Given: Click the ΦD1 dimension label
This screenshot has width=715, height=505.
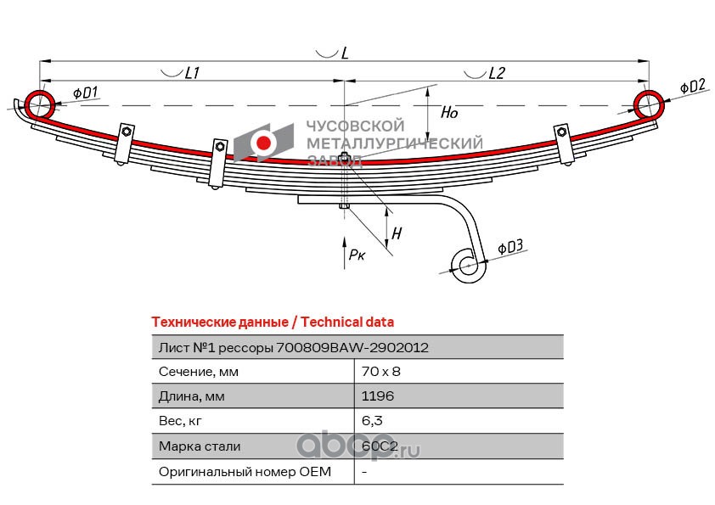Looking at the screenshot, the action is coord(85,93).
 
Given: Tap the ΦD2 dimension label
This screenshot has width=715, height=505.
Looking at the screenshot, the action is coord(693,86).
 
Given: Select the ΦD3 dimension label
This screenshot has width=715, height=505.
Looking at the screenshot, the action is coord(510,247).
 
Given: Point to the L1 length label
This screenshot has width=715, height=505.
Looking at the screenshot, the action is coord(192,72).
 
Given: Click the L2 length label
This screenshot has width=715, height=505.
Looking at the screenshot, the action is coord(497,72).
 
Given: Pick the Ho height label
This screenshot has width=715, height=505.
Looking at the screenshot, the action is coord(448,112).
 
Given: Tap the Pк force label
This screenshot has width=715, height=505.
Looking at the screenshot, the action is coord(357,255).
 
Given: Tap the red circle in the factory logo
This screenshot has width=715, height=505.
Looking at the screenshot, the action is coord(263,143).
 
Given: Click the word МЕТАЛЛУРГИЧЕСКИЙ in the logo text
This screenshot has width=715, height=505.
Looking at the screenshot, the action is coord(394,143).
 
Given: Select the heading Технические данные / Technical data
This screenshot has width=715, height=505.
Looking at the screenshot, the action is coord(273,323).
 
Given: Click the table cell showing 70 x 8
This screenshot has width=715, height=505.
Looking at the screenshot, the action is coord(380,372).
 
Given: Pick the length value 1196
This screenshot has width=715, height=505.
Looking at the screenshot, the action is coord(378,396).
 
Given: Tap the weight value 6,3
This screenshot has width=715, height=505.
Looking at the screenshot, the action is coord(372,421).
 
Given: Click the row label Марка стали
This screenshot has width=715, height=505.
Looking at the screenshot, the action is coord(200,446).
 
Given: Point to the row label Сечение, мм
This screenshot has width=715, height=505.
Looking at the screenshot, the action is coord(199,372).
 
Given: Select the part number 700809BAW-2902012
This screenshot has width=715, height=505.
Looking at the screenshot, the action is coord(352,348).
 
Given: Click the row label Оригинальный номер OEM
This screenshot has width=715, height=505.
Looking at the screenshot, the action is coord(245,471).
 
